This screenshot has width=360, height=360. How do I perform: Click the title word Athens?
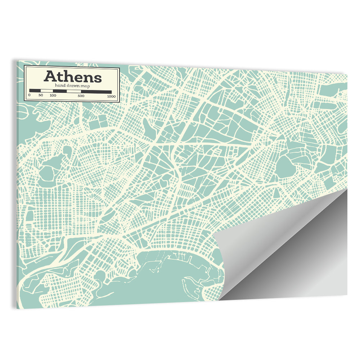[x=73, y=77]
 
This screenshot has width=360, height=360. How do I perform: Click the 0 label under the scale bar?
[x=29, y=96]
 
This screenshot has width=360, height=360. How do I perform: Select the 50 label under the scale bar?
[x=41, y=96]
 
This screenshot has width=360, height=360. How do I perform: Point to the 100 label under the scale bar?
[x=53, y=96]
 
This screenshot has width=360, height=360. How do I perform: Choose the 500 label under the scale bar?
[x=81, y=96]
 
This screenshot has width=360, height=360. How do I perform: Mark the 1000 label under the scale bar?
[x=111, y=96]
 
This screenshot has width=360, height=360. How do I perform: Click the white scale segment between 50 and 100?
[x=47, y=91]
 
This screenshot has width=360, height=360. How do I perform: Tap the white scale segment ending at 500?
[x=74, y=91]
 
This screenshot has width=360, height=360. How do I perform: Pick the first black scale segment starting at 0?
[x=35, y=91]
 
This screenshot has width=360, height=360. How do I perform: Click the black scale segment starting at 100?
[x=60, y=91]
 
